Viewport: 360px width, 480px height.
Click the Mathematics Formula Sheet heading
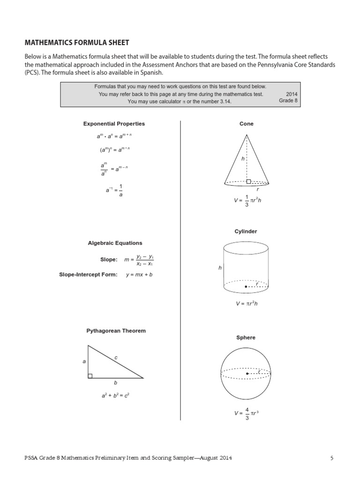[76, 43]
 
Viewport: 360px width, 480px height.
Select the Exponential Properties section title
[114, 124]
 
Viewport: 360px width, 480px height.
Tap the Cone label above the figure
[246, 124]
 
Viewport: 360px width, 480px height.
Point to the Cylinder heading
[246, 232]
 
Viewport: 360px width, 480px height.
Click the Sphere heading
[246, 337]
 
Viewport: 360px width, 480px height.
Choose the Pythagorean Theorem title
[116, 330]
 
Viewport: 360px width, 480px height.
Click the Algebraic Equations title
[115, 243]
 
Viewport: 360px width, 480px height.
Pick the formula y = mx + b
[139, 275]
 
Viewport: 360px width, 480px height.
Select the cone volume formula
[246, 201]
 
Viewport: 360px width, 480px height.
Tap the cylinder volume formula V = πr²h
[247, 304]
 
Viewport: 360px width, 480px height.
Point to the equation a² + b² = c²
[115, 396]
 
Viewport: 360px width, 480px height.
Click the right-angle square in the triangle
[90, 375]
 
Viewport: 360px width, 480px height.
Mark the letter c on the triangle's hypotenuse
[116, 358]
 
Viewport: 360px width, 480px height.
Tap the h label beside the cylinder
[219, 268]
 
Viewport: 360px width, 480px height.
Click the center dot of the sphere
[247, 374]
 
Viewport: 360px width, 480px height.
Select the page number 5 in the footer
[331, 458]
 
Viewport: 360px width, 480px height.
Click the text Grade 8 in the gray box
[288, 101]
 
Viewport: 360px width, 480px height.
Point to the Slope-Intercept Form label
[88, 275]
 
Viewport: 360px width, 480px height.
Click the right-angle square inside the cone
[248, 181]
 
